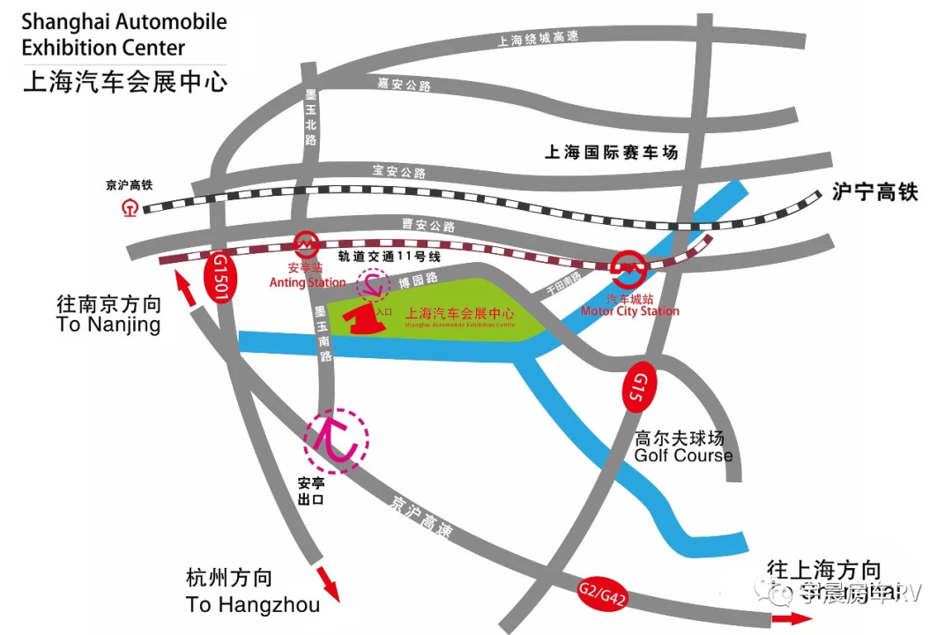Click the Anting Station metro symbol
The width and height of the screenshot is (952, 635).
(x=305, y=243)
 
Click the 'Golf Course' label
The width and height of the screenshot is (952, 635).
(x=683, y=456)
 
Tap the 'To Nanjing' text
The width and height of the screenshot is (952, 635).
(x=108, y=325)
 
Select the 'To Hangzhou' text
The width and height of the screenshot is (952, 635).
(x=252, y=605)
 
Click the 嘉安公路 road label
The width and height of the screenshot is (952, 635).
(x=404, y=86)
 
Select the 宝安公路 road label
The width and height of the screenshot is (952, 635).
(x=398, y=171)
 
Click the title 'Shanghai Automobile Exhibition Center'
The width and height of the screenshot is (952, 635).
(x=124, y=34)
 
